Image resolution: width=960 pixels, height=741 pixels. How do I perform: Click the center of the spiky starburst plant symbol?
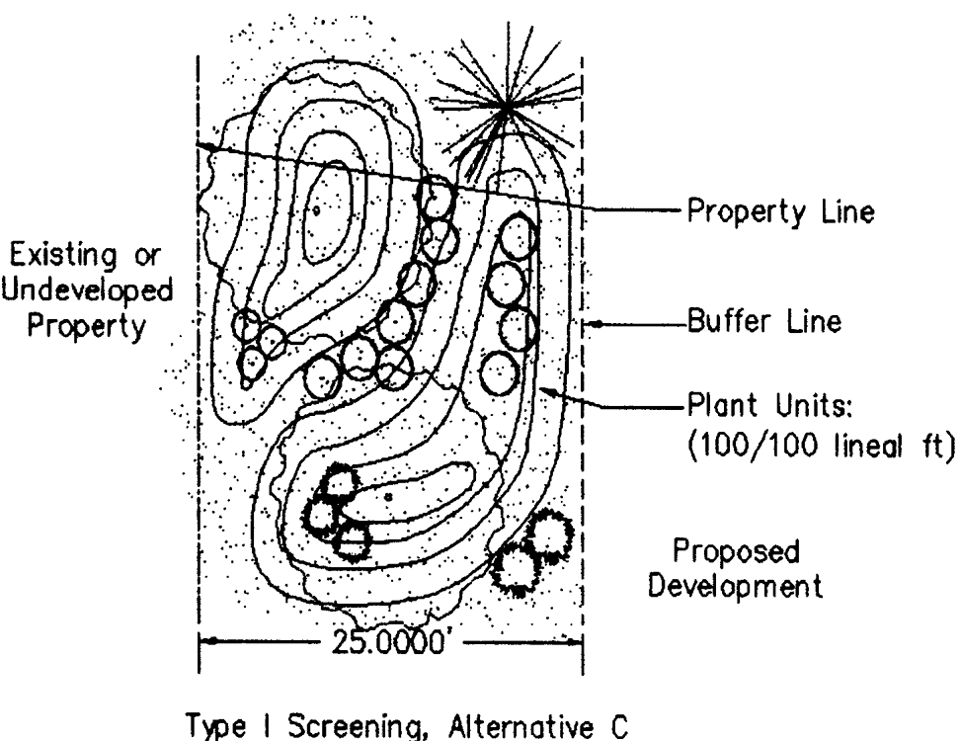coord(507,105)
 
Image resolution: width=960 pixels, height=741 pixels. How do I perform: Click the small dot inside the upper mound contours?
coord(317,209)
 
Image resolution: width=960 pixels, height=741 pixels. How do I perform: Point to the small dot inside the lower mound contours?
coord(390,496)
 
